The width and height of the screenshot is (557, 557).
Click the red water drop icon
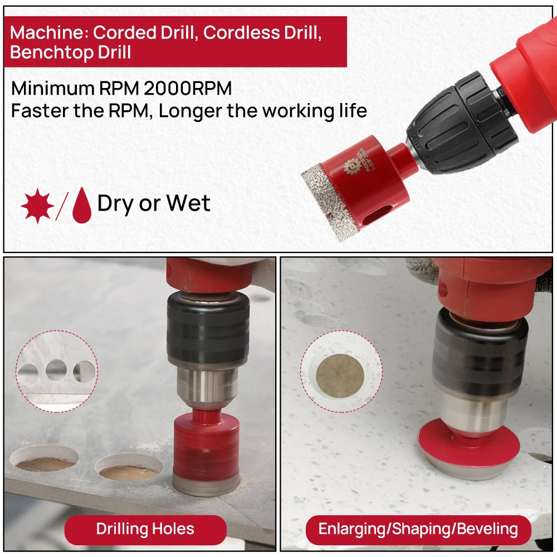(82, 206)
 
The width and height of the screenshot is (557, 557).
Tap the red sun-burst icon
(37, 206)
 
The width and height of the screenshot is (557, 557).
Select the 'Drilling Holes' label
(145, 529)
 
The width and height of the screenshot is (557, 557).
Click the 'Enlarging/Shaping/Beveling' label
(418, 529)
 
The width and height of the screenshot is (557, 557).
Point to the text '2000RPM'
(188, 89)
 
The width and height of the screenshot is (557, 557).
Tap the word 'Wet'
(188, 203)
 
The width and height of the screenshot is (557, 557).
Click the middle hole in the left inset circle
(56, 370)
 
